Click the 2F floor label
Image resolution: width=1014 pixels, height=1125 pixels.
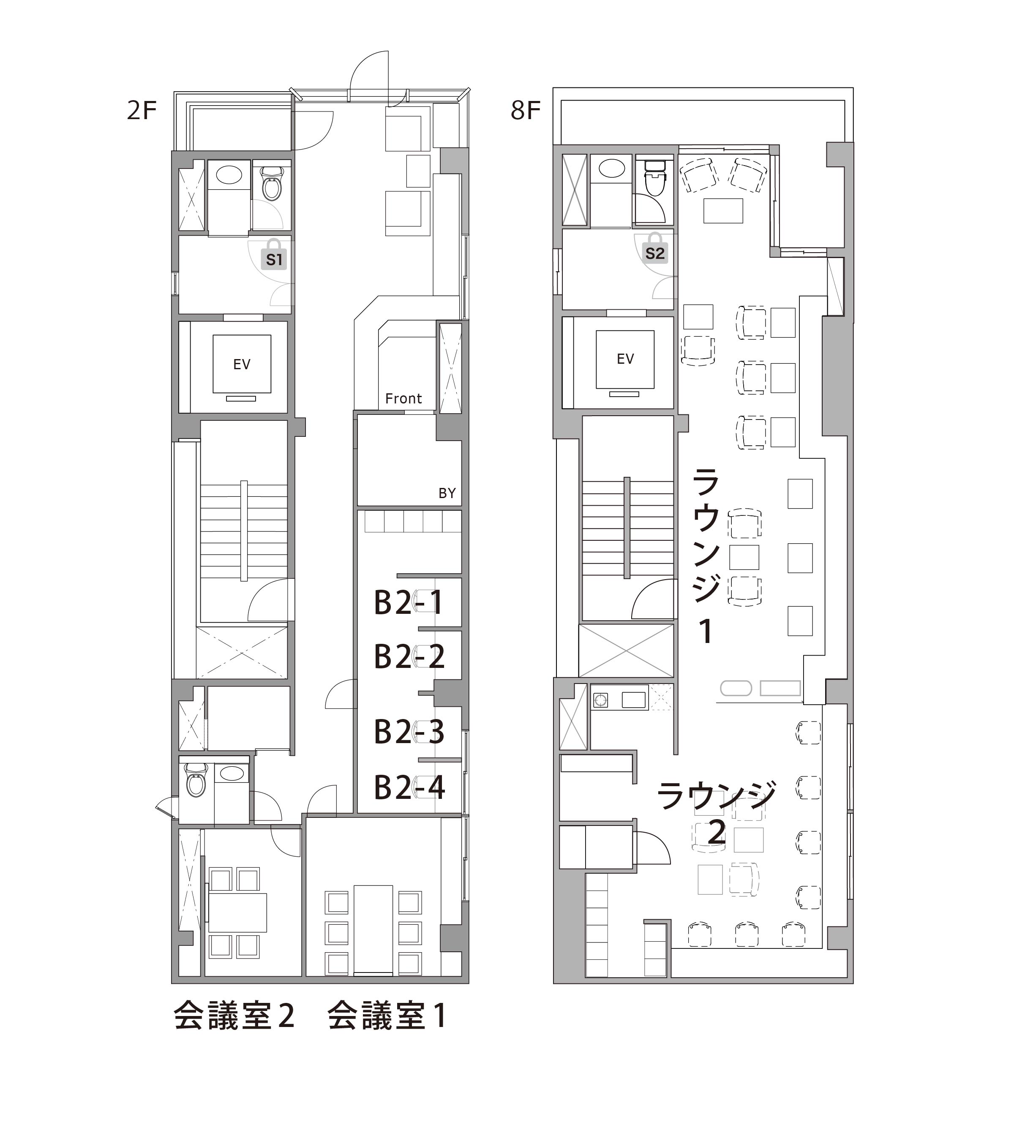pyautogui.click(x=142, y=110)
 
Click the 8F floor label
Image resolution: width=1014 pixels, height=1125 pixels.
pyautogui.click(x=526, y=110)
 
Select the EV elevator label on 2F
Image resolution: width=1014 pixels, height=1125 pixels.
pyautogui.click(x=242, y=365)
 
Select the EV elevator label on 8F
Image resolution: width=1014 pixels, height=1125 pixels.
pyautogui.click(x=626, y=359)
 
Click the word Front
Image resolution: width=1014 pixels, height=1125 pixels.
pyautogui.click(x=403, y=398)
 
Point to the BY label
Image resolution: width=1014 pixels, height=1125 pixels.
pyautogui.click(x=447, y=493)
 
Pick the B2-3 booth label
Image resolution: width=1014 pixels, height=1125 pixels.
pyautogui.click(x=409, y=732)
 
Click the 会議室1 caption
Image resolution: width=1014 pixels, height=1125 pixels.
pyautogui.click(x=387, y=1015)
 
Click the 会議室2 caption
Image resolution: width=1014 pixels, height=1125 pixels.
pyautogui.click(x=234, y=1015)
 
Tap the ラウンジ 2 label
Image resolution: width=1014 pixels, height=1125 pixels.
pyautogui.click(x=717, y=813)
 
